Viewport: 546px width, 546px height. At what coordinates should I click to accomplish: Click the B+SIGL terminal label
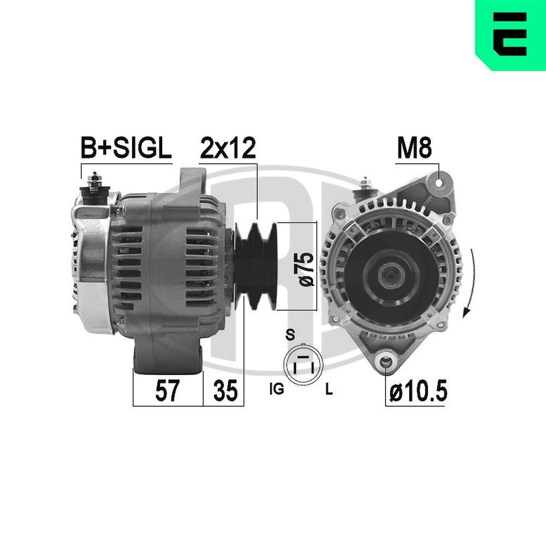pyautogui.click(x=126, y=148)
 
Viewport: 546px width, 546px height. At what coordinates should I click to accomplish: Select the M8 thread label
pyautogui.click(x=414, y=148)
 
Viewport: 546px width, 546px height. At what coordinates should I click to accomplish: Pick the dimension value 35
pyautogui.click(x=224, y=391)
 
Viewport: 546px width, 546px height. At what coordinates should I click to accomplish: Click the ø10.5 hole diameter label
pyautogui.click(x=418, y=391)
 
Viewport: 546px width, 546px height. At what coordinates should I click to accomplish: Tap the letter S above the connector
pyautogui.click(x=290, y=335)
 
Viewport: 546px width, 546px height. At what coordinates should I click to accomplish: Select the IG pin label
pyautogui.click(x=276, y=390)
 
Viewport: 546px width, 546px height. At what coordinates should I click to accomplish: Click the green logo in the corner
pyautogui.click(x=511, y=35)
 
